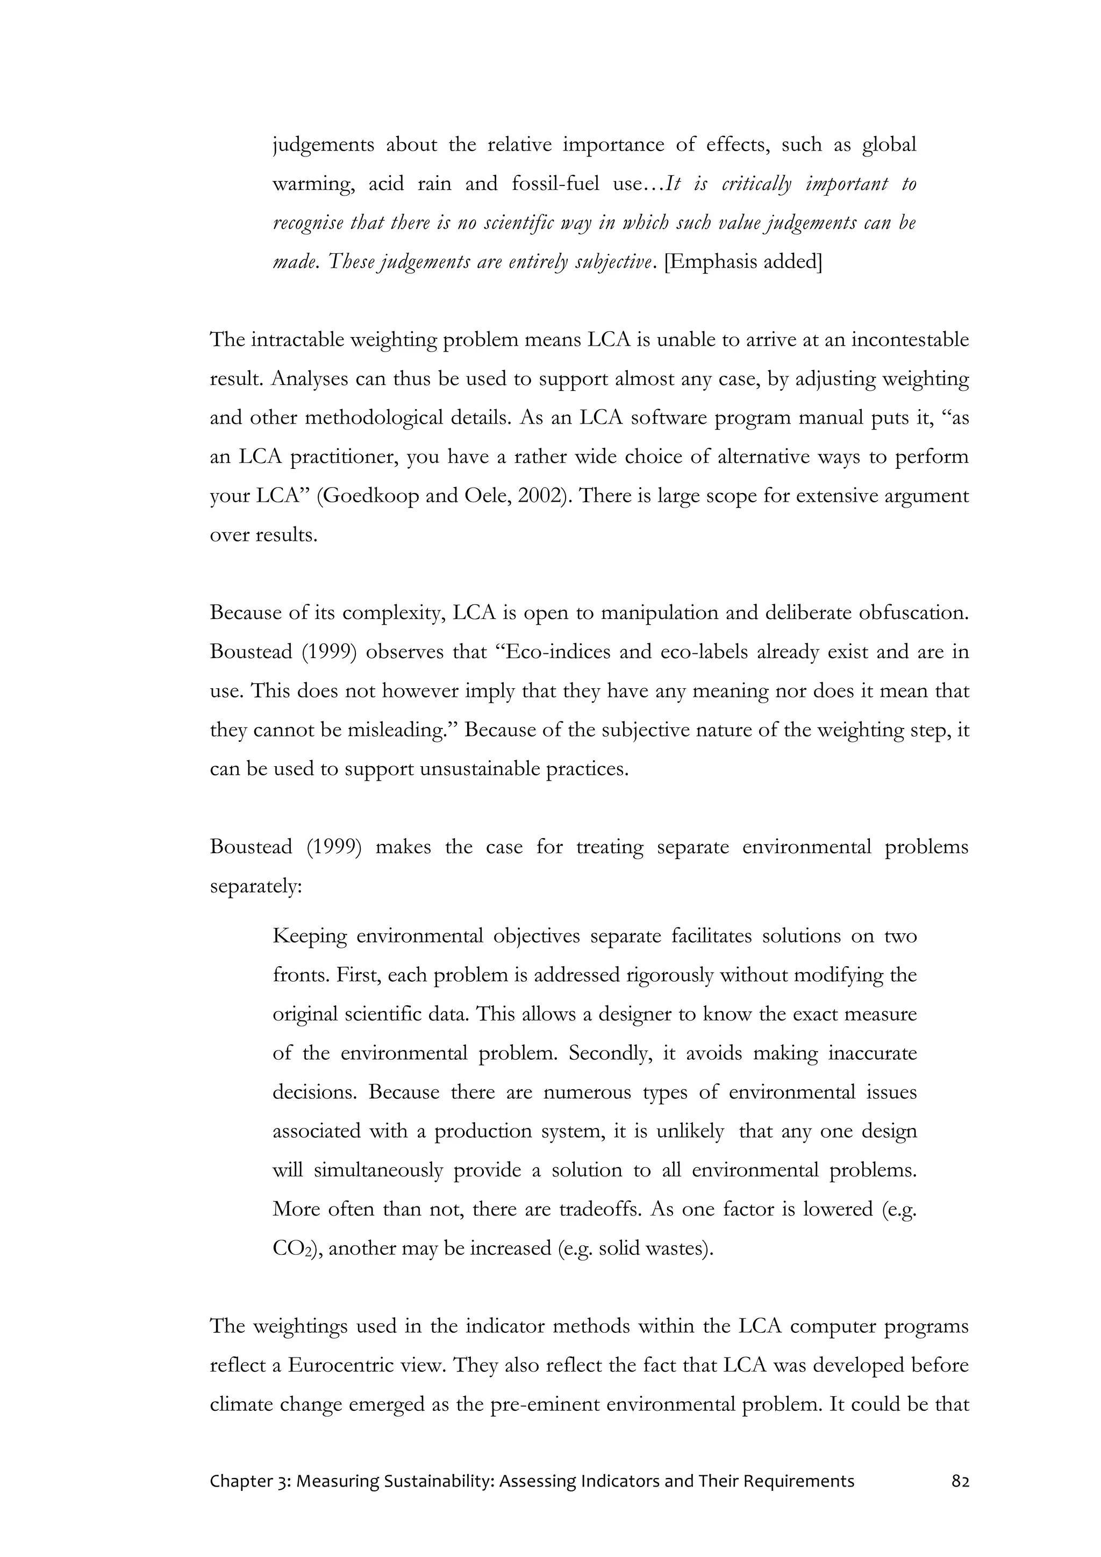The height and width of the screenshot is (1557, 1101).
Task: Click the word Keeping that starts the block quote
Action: tap(309, 937)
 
